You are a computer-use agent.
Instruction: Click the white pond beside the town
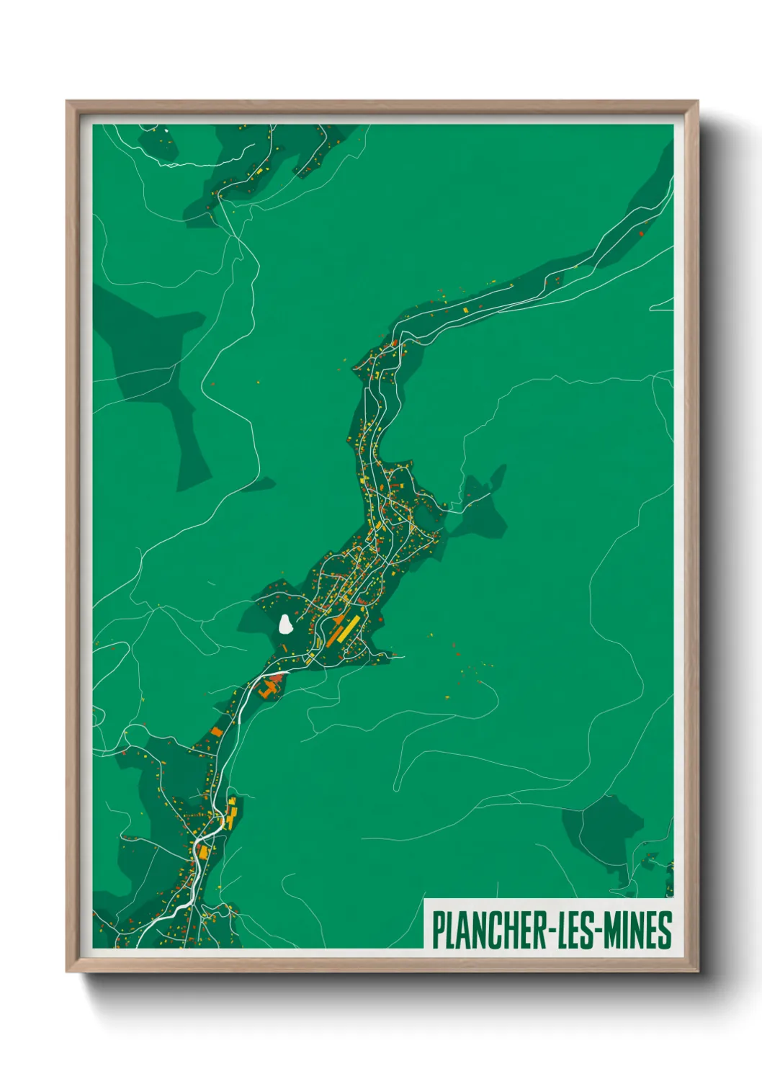[286, 624]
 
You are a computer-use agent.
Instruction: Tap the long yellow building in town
[346, 627]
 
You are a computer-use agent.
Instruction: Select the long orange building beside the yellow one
[335, 634]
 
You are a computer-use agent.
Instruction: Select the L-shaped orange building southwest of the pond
[269, 687]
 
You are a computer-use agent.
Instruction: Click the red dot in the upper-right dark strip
[640, 233]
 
